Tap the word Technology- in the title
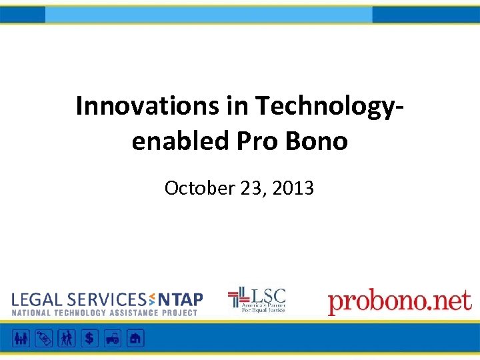[330, 105]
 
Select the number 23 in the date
[252, 189]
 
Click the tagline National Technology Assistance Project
[105, 313]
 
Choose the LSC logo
[257, 300]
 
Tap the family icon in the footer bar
[21, 338]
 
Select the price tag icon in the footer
[44, 338]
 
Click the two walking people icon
[67, 338]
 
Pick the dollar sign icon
[89, 338]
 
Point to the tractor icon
[112, 338]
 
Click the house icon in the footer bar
[135, 338]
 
